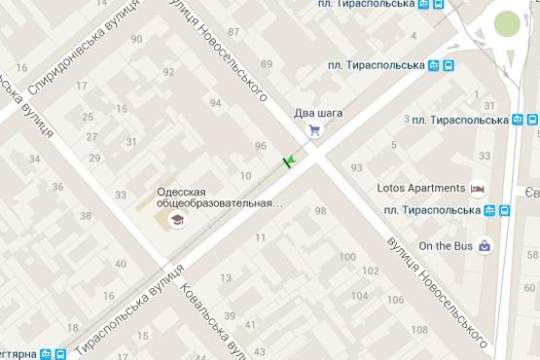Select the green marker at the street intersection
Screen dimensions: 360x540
289,161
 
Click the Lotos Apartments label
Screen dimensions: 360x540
420,188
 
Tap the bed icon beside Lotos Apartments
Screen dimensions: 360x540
477,188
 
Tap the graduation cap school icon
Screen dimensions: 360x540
176,221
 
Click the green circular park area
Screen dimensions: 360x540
508,24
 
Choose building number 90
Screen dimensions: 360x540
135,39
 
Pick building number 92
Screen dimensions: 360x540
169,72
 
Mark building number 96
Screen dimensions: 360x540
260,146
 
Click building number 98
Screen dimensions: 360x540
321,211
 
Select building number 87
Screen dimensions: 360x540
233,32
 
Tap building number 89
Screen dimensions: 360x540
267,64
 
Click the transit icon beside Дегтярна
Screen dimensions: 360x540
59,353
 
